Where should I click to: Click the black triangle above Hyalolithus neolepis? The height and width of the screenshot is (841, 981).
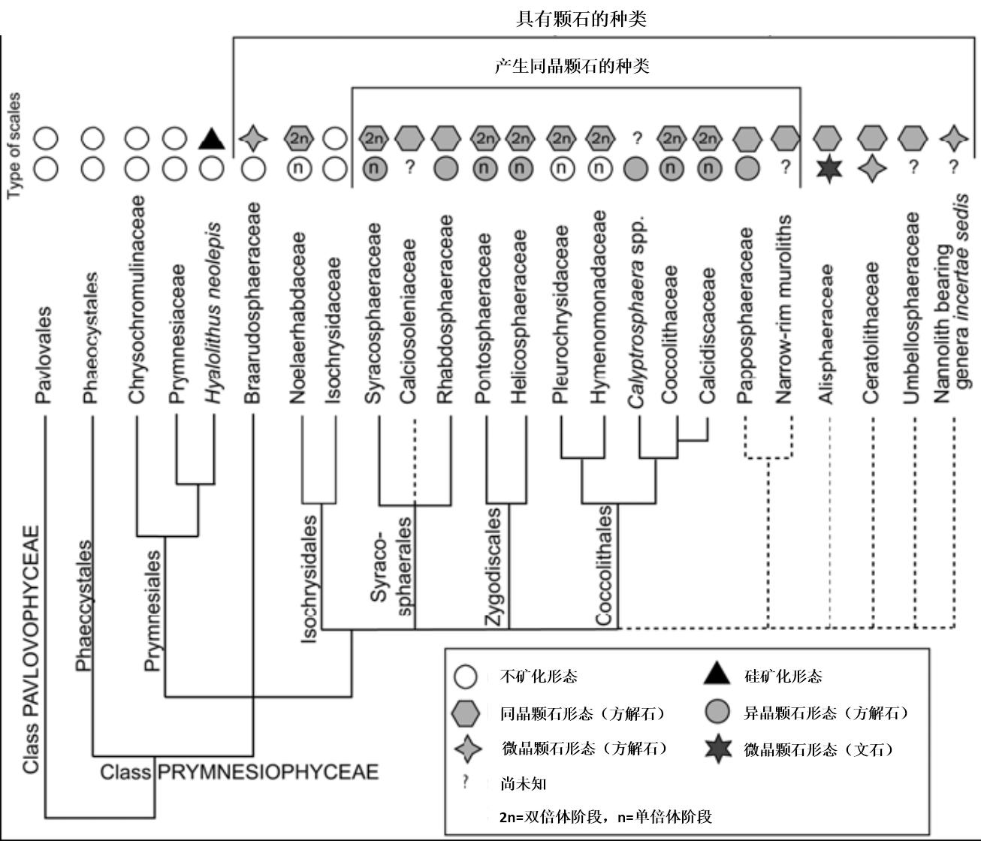212,139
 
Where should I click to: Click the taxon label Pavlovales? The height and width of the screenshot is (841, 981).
46,354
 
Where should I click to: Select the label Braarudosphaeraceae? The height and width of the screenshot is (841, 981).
252,303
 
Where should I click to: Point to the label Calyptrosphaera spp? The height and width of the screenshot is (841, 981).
638,313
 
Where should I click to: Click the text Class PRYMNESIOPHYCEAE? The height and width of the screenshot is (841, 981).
240,772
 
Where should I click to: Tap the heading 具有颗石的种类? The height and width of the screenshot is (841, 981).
581,19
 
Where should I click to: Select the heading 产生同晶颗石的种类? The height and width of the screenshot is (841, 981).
572,66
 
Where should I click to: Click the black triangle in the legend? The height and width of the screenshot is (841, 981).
717,676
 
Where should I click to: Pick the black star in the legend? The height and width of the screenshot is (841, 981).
718,749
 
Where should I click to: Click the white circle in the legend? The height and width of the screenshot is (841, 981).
466,677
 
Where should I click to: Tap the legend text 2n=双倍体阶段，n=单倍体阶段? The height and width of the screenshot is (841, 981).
605,816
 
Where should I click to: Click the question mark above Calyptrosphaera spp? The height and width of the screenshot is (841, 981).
637,138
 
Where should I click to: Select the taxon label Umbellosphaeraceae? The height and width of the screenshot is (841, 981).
911,308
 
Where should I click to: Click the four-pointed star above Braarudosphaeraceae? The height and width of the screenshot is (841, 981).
253,139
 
